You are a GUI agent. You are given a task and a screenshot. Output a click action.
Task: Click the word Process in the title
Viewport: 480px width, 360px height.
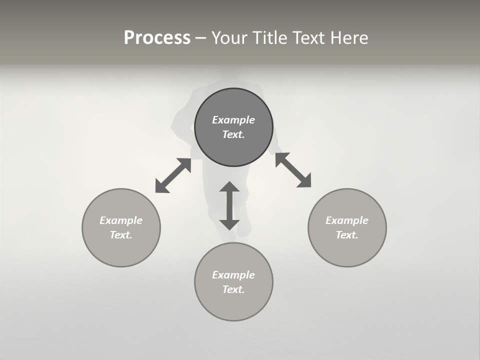157,38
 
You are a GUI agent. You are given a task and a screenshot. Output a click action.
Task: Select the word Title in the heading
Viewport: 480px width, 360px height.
271,38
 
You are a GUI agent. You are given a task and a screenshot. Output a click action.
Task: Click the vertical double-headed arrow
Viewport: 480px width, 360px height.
229,205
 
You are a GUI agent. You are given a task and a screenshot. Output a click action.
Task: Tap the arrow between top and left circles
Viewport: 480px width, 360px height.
173,175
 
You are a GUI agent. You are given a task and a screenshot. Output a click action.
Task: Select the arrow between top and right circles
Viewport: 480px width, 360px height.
293,170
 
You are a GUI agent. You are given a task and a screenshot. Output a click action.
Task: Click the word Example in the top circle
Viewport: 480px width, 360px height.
233,120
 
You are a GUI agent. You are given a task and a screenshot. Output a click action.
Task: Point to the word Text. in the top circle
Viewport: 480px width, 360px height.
233,134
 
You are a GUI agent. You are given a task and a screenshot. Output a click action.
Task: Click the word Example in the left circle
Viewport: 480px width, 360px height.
121,220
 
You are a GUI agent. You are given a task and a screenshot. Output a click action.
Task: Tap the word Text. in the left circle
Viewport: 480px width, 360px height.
121,235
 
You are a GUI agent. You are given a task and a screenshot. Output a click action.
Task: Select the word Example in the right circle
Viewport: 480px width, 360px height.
347,220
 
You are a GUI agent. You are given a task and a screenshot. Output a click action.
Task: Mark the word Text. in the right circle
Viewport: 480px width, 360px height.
347,235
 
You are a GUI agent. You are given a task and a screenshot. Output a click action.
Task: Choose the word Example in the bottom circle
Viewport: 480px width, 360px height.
233,275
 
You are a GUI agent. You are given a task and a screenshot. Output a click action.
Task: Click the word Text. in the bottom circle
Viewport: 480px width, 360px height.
233,289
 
